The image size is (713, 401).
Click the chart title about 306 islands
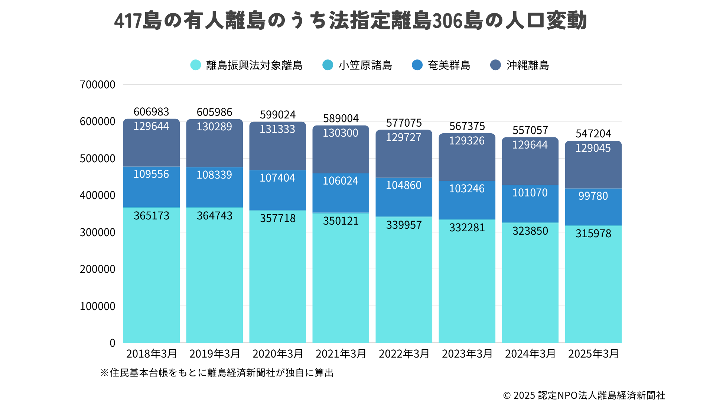click(x=351, y=21)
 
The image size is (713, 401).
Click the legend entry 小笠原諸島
click(x=357, y=65)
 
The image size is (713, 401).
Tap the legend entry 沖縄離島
click(x=520, y=65)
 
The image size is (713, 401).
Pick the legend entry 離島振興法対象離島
click(x=246, y=65)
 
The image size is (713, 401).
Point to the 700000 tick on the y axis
click(x=97, y=85)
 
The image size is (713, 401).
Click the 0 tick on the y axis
click(x=112, y=343)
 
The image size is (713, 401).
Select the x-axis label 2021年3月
click(x=341, y=354)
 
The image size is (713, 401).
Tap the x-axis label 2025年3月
click(x=593, y=354)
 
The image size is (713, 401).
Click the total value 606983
click(x=151, y=112)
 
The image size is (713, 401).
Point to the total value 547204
click(x=593, y=134)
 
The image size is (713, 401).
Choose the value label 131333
click(x=277, y=129)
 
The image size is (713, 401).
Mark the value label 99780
click(x=593, y=196)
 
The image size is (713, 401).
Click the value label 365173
click(x=152, y=216)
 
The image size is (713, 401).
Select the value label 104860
click(x=404, y=185)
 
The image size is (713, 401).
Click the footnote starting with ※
click(x=217, y=373)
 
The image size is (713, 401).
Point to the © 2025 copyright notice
click(x=584, y=395)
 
